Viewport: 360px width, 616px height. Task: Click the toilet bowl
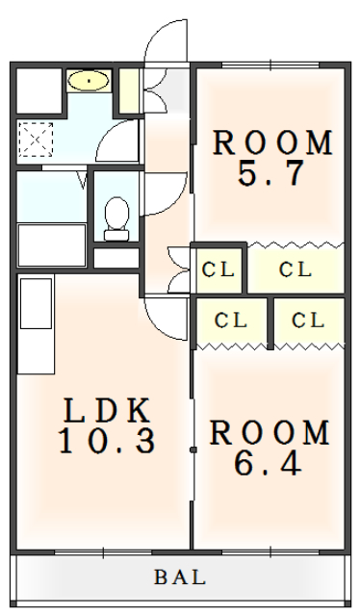coord(116,218)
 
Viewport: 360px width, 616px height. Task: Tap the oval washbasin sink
coord(88,81)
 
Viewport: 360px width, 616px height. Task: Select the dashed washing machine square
coord(36,140)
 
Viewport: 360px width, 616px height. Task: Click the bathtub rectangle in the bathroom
coord(52,245)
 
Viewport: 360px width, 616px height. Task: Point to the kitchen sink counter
coord(36,324)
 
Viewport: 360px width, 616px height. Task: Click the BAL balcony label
coord(180,577)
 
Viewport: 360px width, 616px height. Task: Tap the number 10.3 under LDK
coord(107,441)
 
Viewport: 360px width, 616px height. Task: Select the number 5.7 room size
coord(271,173)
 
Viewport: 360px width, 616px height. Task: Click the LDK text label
coord(107,411)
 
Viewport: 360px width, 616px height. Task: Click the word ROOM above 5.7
coord(272,142)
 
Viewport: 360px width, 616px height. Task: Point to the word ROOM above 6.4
coord(270,432)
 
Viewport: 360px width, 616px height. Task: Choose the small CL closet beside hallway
coord(219,269)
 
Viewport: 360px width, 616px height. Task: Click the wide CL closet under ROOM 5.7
coord(296,269)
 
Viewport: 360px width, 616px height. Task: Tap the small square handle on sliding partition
coord(193,449)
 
